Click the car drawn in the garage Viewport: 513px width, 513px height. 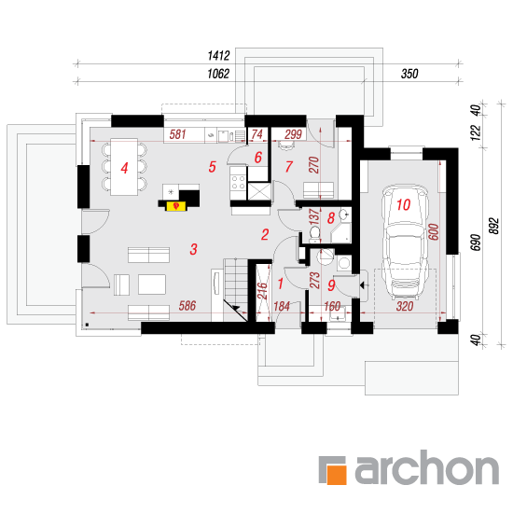[x=405, y=242]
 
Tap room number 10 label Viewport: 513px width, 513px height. [x=403, y=205]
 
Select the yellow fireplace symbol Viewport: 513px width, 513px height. [x=176, y=206]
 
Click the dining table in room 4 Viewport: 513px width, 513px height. [x=124, y=167]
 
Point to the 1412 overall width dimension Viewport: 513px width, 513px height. [x=218, y=56]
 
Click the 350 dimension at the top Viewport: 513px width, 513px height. [x=409, y=74]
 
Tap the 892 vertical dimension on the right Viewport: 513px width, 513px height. [x=494, y=226]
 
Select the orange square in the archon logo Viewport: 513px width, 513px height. [x=337, y=475]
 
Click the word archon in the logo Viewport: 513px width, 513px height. [x=427, y=467]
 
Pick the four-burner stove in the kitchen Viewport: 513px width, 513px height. [x=238, y=183]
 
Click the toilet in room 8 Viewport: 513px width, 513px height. [x=314, y=234]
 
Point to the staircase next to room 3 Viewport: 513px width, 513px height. [x=235, y=289]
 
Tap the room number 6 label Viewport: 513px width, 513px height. [x=258, y=158]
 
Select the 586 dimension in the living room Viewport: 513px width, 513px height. [x=187, y=306]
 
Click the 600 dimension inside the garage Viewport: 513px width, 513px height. [x=434, y=231]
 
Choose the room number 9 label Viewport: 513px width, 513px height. [x=331, y=285]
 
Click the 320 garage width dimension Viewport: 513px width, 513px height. [x=405, y=307]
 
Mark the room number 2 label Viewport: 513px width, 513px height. [x=265, y=234]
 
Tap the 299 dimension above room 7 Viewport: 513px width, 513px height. [x=293, y=134]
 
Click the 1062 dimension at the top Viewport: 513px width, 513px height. [x=218, y=74]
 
